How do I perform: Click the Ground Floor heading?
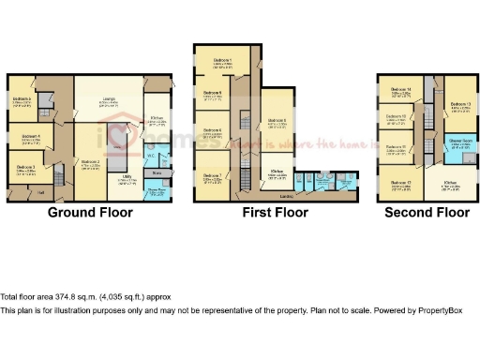coord(90,213)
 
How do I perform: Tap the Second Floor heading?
coord(427,213)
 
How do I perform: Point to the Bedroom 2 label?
coord(91,162)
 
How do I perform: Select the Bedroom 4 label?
coord(30,137)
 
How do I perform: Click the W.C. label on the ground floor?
coord(150,156)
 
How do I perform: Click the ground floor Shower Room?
coord(157,189)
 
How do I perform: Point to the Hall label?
coord(40,193)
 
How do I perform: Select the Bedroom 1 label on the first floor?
coord(223,61)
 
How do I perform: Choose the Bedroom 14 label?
coord(401,90)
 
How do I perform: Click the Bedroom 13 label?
coord(459,104)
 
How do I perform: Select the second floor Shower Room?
coord(459,142)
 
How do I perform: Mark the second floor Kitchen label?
coord(450,182)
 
